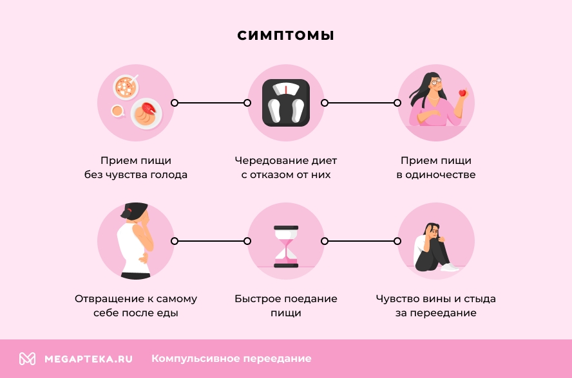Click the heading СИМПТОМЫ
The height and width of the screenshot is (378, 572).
[x=285, y=35]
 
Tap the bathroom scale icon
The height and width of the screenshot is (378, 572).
[x=286, y=102]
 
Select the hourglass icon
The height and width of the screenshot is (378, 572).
[x=286, y=246]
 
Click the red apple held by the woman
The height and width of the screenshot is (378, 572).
[x=462, y=94]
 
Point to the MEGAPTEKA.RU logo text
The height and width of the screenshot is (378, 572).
[x=88, y=359]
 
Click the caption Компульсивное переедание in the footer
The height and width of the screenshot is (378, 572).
[x=231, y=359]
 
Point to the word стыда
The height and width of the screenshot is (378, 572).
[x=481, y=299]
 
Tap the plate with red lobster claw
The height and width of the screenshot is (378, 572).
[x=146, y=113]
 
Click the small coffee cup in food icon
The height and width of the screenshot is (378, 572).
[x=118, y=111]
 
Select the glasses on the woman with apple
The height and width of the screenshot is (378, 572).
[x=437, y=81]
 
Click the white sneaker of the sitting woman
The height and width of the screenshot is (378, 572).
[x=450, y=266]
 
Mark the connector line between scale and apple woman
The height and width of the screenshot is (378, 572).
[x=361, y=103]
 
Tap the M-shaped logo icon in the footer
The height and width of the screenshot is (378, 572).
[x=27, y=359]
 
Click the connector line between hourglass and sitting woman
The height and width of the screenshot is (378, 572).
[x=361, y=241]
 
